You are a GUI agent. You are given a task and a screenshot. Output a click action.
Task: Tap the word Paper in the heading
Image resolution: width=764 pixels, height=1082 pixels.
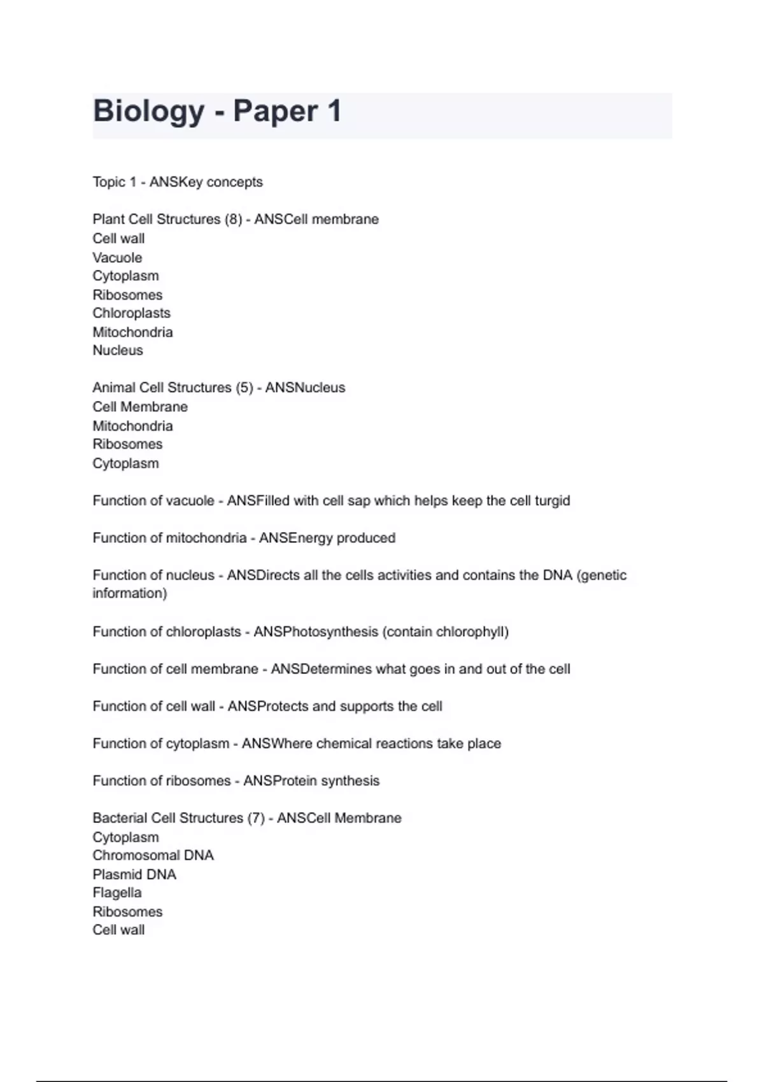click(275, 111)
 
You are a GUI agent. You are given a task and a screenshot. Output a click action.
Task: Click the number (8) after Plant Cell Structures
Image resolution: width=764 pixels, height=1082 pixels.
click(233, 219)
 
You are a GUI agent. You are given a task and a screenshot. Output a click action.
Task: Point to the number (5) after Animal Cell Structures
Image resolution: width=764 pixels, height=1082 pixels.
click(244, 388)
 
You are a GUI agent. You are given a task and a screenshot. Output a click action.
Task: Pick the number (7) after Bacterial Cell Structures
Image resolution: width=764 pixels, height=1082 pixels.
click(256, 818)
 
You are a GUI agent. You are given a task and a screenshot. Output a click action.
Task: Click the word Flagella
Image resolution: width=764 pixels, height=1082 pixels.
click(117, 892)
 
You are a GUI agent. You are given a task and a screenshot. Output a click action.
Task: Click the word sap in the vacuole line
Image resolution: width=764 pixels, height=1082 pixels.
click(359, 501)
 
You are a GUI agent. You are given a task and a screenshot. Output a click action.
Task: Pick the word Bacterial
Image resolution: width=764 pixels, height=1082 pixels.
click(122, 818)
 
